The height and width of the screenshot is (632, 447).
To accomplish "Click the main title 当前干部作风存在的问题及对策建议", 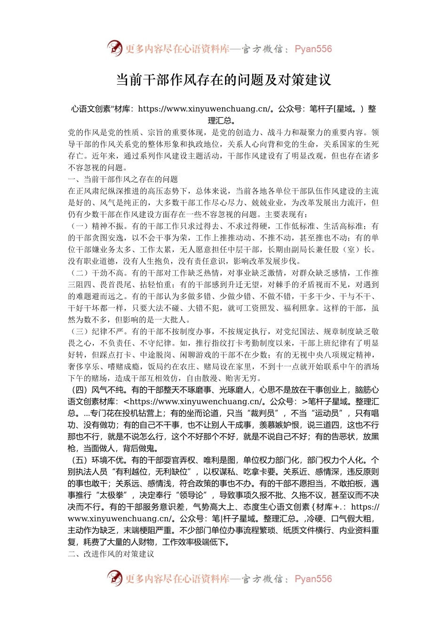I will pyautogui.click(x=223, y=80).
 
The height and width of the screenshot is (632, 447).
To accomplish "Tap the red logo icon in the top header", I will pyautogui.click(x=115, y=48).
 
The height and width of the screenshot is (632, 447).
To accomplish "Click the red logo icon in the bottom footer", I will pyautogui.click(x=115, y=578).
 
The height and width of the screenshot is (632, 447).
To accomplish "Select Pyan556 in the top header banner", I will pyautogui.click(x=313, y=49).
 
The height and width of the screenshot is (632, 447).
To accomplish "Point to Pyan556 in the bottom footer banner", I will pyautogui.click(x=313, y=579).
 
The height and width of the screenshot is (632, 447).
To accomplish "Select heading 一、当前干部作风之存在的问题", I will pyautogui.click(x=123, y=179).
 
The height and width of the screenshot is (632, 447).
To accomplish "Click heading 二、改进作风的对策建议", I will pyautogui.click(x=111, y=554).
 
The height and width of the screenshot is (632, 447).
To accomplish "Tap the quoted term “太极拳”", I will pyautogui.click(x=111, y=495).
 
